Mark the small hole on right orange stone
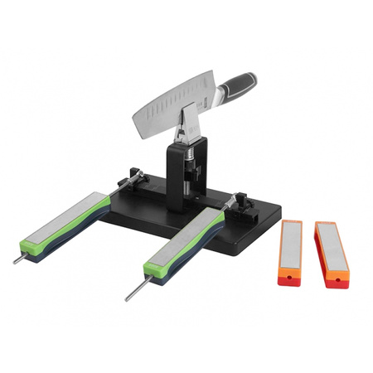pyautogui.click(x=337, y=282)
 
